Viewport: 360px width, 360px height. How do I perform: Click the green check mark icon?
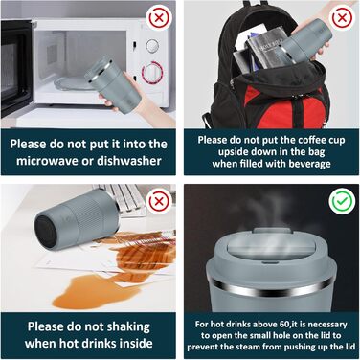342,201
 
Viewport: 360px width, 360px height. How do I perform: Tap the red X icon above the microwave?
159,17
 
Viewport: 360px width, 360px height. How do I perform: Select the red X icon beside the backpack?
342,17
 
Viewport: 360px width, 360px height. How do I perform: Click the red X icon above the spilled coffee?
159,201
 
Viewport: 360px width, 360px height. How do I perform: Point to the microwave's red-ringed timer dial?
152,73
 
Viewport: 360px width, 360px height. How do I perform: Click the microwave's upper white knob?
152,45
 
